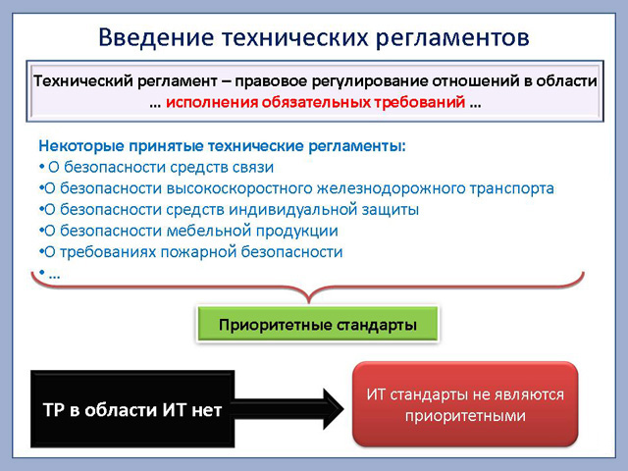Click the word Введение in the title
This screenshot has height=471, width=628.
point(156,37)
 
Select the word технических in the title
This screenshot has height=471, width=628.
point(294,37)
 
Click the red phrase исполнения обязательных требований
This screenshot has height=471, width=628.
point(316,102)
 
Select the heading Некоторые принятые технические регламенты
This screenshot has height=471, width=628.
point(223,146)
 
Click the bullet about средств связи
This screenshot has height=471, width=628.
point(157,167)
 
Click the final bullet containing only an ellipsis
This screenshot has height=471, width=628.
point(50,275)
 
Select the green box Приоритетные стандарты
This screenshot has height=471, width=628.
point(318,324)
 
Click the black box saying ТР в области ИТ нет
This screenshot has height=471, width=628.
point(132,408)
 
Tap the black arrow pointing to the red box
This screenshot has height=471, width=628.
point(288,409)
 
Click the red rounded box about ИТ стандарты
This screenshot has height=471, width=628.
point(465,403)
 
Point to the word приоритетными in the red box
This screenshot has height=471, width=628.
point(465,416)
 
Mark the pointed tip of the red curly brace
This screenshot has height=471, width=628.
point(309,302)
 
